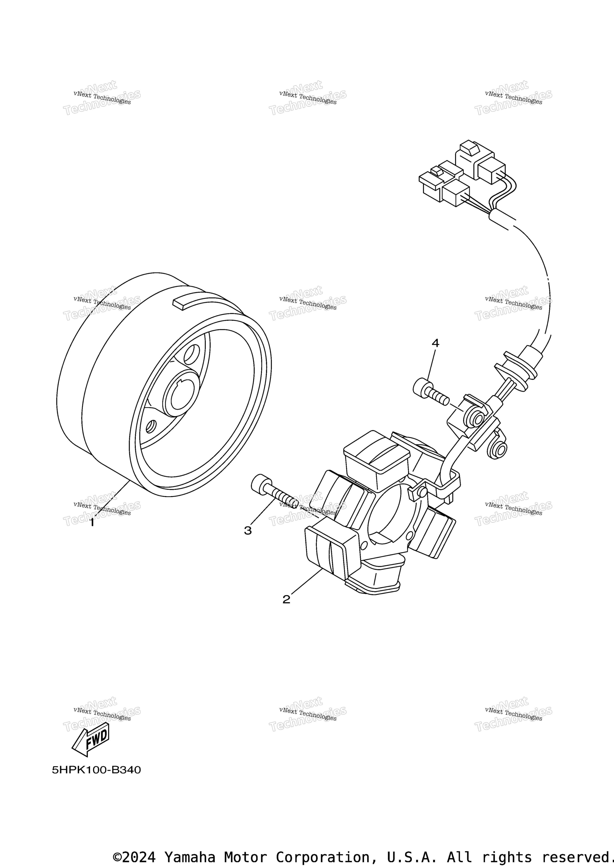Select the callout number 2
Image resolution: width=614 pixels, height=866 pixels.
(286, 599)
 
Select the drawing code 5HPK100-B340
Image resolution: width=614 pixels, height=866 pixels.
(96, 770)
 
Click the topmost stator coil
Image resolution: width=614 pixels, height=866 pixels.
(376, 454)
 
